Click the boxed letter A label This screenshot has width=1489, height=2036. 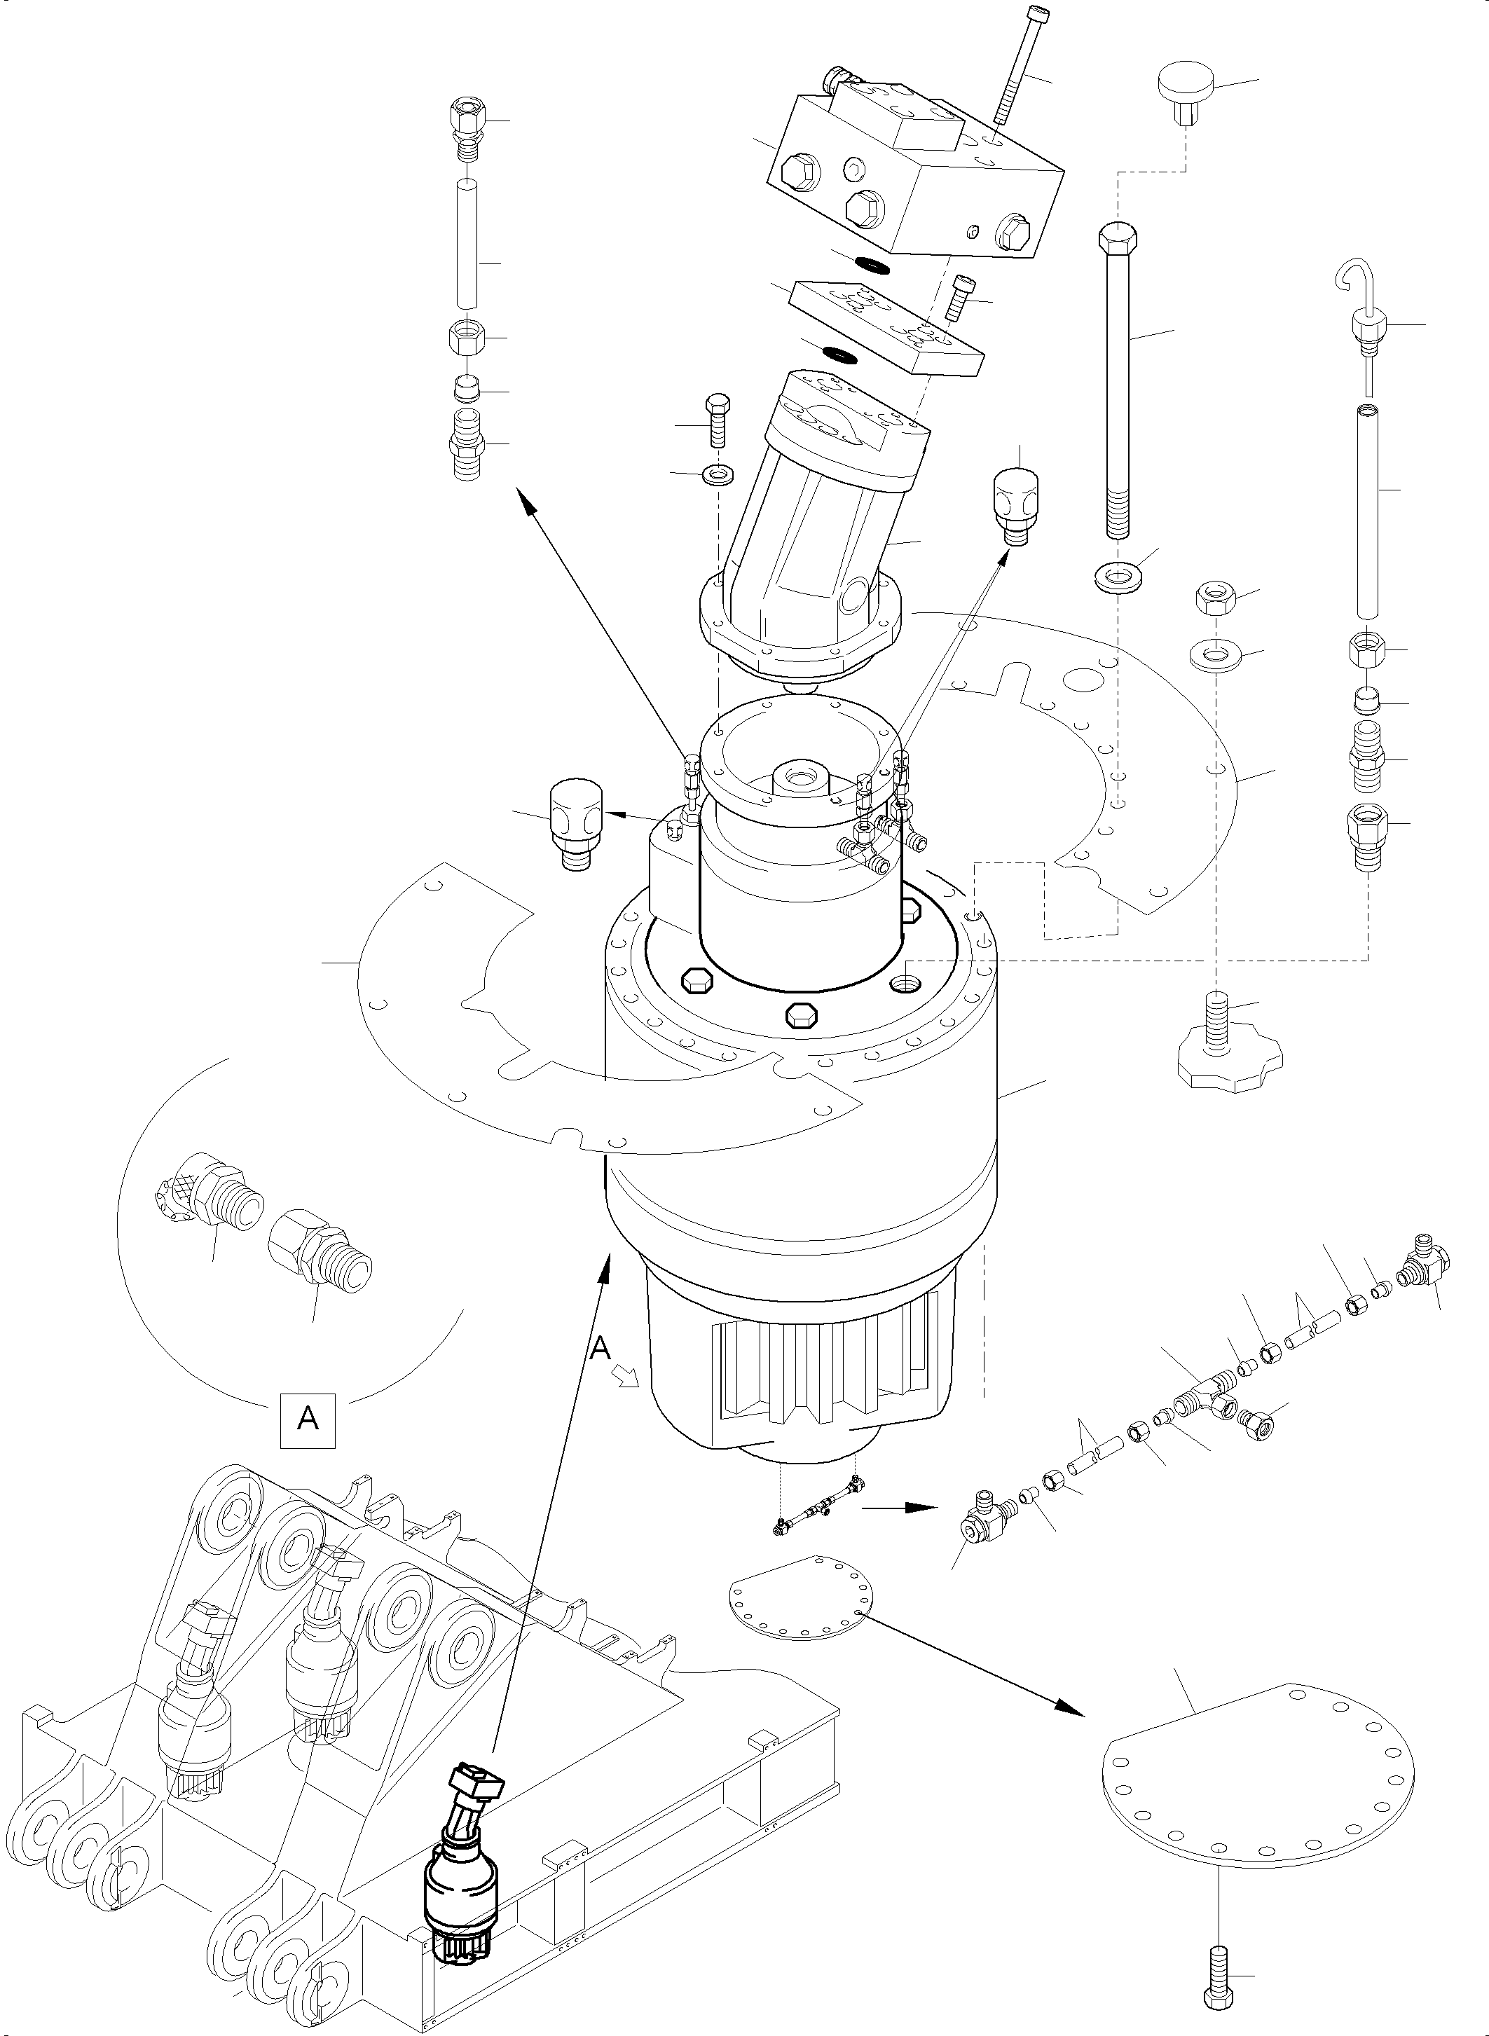(308, 1420)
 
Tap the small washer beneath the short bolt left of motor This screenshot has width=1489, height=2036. (718, 473)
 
